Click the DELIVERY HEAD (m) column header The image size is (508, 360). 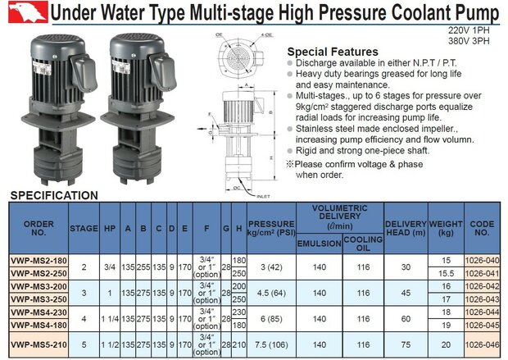click(x=406, y=229)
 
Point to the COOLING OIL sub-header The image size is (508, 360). click(x=362, y=244)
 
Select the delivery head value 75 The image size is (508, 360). click(x=406, y=346)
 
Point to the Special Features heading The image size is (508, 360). click(x=332, y=51)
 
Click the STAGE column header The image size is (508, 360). click(x=84, y=229)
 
